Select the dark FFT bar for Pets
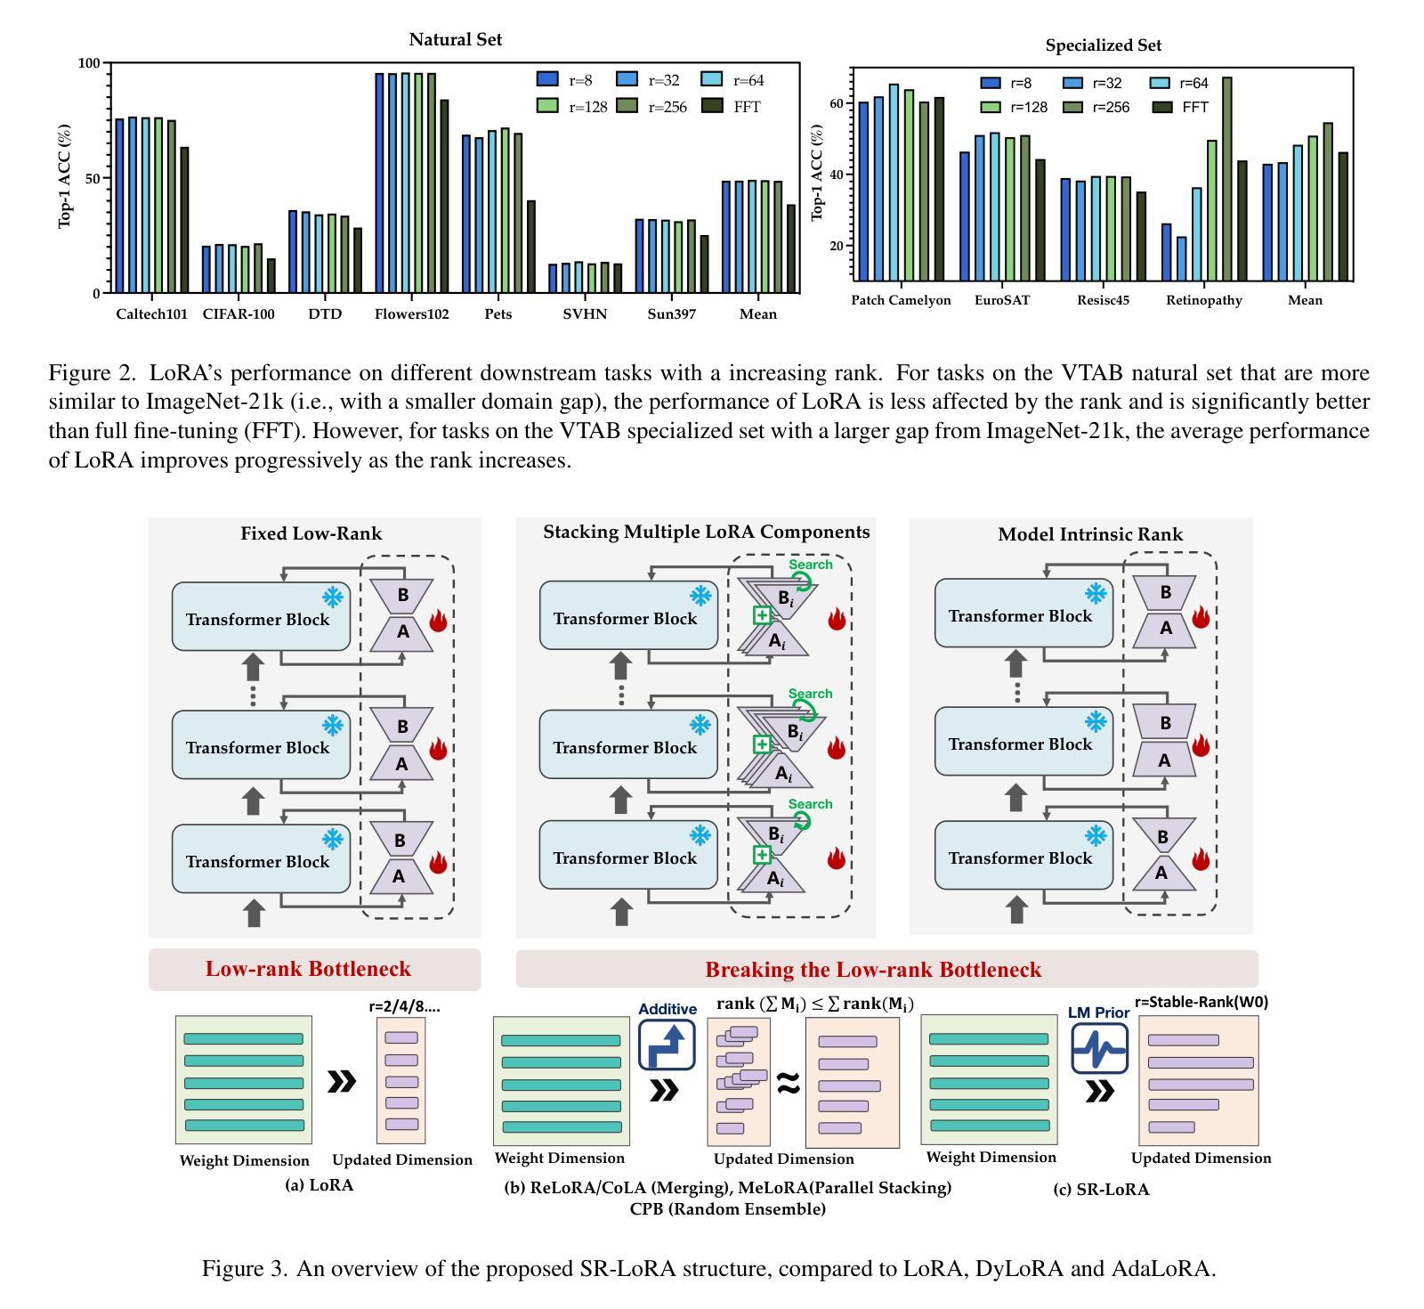(531, 247)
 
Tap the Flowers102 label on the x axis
(412, 313)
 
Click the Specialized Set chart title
(1104, 45)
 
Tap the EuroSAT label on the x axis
(1002, 300)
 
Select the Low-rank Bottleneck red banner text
(308, 969)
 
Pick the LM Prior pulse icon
(1099, 1048)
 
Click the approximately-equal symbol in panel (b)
(789, 1083)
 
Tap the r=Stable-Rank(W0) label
(1201, 1002)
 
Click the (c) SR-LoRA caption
(1101, 1190)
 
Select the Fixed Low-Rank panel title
(311, 533)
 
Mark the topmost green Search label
(810, 565)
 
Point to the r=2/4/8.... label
(405, 1007)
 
